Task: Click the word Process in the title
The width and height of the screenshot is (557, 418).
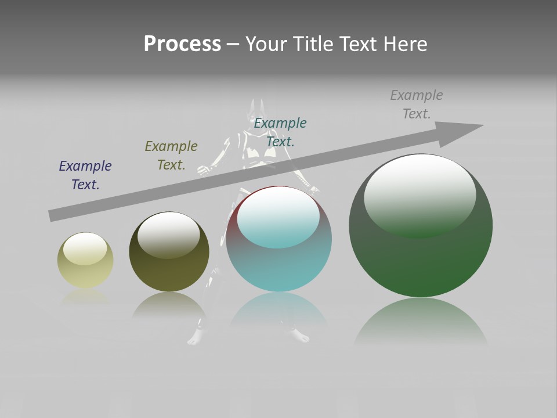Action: (x=182, y=44)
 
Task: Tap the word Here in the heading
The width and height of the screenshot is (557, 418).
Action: (x=406, y=44)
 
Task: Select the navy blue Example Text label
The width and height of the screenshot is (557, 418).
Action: (x=85, y=175)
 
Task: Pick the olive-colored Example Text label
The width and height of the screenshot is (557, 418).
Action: (x=171, y=156)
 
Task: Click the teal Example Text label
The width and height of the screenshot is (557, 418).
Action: (x=280, y=132)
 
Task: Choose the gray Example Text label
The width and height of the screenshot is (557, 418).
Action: (x=417, y=105)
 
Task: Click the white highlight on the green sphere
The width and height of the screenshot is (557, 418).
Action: (x=420, y=192)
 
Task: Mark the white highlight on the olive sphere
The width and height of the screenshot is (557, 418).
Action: (x=169, y=232)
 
